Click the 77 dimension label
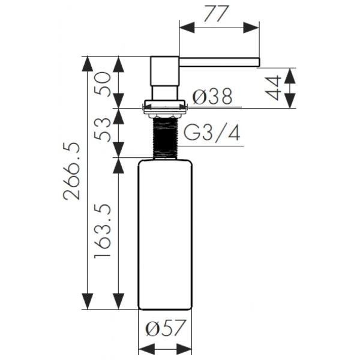tap(217, 14)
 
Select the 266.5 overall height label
tap(71, 171)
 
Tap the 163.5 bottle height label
tap(103, 231)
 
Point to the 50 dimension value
tap(103, 84)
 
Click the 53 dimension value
tap(103, 129)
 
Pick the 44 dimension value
tap(273, 88)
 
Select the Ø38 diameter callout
tap(212, 97)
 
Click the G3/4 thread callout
tap(212, 133)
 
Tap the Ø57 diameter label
tap(166, 328)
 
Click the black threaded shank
tap(166, 137)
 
